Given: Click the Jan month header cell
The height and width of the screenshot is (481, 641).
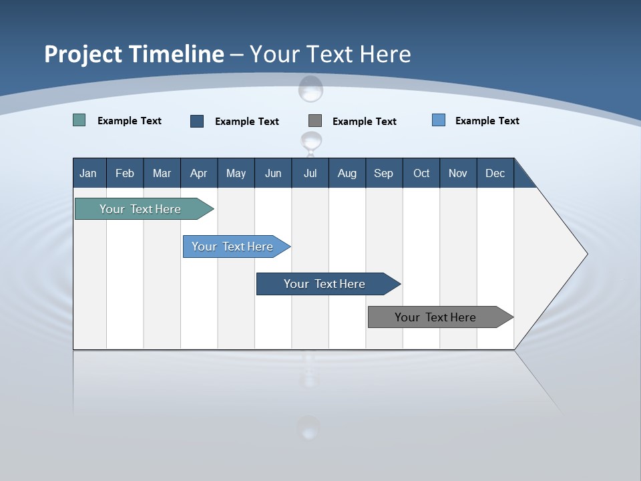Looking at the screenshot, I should point(88,174).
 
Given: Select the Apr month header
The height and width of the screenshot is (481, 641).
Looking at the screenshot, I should point(198,174).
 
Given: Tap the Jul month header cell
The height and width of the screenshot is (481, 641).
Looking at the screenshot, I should point(310,174).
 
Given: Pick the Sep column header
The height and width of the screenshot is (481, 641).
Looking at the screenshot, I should point(383,174).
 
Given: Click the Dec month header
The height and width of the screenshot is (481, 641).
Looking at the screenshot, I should point(495,174).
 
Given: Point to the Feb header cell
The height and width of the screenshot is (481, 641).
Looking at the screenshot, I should point(125,174).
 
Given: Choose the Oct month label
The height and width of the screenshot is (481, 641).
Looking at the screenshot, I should point(421,174).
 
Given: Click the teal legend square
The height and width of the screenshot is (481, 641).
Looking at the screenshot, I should point(79,120).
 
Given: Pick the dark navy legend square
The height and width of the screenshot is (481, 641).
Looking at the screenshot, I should point(197,121).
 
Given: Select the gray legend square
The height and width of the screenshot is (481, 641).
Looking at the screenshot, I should point(315,121).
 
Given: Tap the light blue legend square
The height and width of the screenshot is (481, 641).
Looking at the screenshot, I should point(439,120).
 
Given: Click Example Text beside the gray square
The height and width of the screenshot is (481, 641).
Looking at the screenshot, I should point(364,122).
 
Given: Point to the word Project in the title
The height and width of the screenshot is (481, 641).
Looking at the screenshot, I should point(83,54).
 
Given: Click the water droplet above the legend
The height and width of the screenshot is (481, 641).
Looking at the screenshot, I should point(310,88).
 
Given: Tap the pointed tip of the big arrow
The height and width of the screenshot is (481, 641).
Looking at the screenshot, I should point(586,254).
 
